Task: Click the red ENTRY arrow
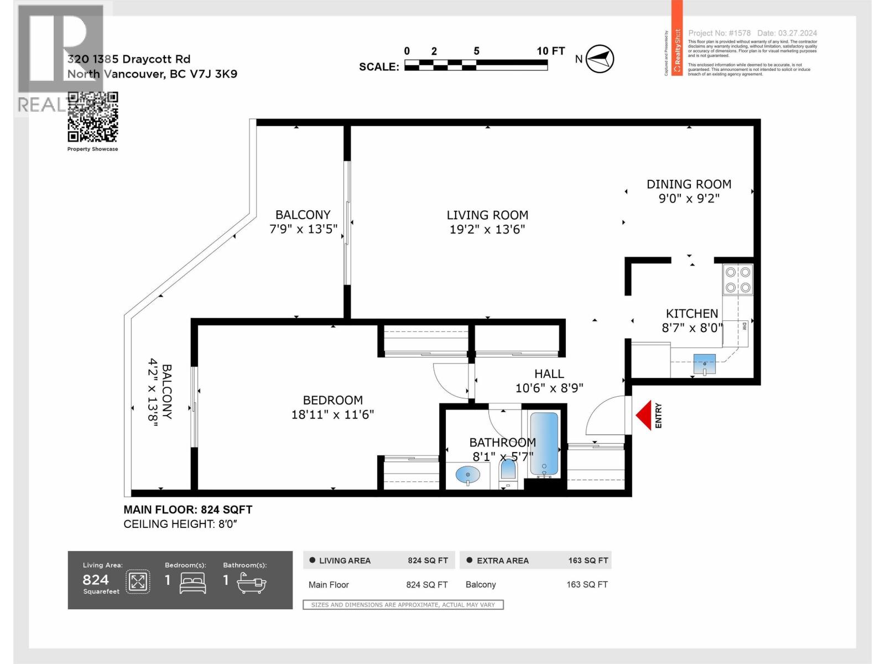pyautogui.click(x=643, y=416)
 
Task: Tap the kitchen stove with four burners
pyautogui.click(x=738, y=280)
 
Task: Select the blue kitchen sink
pyautogui.click(x=704, y=364)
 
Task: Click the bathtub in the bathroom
pyautogui.click(x=544, y=444)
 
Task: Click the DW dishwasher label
pyautogui.click(x=744, y=326)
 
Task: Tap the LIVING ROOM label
pyautogui.click(x=487, y=215)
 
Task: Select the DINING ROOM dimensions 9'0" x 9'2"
pyautogui.click(x=689, y=198)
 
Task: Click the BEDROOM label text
pyautogui.click(x=332, y=400)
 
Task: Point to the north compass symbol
pyautogui.click(x=600, y=59)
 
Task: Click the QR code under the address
pyautogui.click(x=93, y=117)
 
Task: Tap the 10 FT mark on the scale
pyautogui.click(x=550, y=51)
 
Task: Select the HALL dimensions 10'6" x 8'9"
pyautogui.click(x=549, y=388)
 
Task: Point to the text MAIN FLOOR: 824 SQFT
pyautogui.click(x=188, y=510)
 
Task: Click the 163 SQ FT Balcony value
pyautogui.click(x=587, y=584)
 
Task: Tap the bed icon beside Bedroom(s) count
pyautogui.click(x=192, y=582)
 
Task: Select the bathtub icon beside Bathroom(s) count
pyautogui.click(x=252, y=582)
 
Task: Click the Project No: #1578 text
pyautogui.click(x=719, y=33)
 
